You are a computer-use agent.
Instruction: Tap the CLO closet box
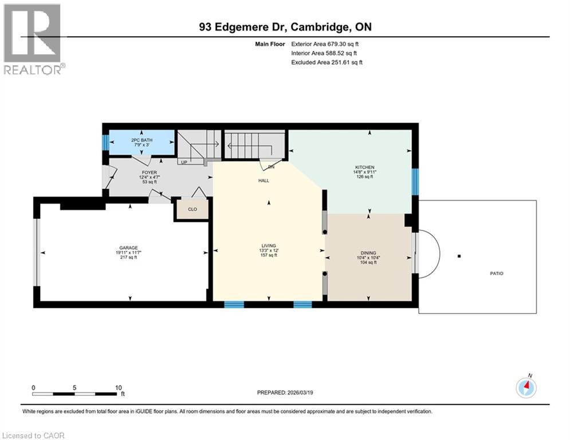(x=192, y=209)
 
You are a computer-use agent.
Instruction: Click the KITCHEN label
(x=364, y=167)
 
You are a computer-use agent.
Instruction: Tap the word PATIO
(x=496, y=273)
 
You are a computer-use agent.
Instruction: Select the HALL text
(x=263, y=180)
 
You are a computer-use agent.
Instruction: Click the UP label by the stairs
(x=184, y=162)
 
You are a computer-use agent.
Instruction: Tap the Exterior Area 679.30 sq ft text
(x=325, y=44)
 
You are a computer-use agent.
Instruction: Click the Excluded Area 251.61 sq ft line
(x=327, y=62)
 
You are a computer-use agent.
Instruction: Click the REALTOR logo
(x=33, y=39)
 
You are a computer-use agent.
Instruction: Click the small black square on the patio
(x=459, y=256)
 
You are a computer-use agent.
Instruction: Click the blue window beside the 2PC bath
(x=105, y=141)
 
